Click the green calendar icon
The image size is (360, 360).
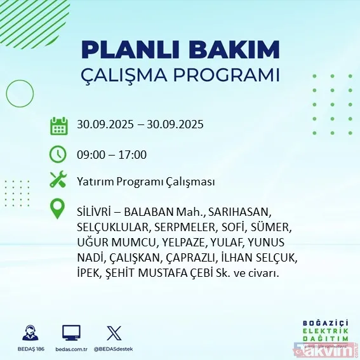58,126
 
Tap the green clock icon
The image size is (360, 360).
58,154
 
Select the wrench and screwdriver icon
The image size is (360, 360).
58,181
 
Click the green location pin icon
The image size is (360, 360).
58,210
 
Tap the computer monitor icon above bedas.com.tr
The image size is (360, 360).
70,333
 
